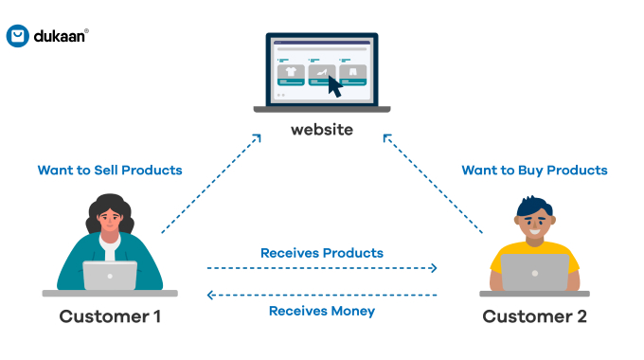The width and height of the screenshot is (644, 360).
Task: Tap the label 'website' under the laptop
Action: (x=321, y=128)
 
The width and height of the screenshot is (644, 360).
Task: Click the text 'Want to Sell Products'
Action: (x=109, y=171)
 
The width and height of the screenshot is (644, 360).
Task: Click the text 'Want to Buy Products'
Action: (x=534, y=171)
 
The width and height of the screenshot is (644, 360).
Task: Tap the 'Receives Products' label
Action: (x=322, y=253)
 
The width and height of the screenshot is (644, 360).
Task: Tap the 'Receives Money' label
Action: (x=322, y=311)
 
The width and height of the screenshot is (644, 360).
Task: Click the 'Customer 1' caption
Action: (x=110, y=316)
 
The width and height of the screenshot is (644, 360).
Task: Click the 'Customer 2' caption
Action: (x=534, y=316)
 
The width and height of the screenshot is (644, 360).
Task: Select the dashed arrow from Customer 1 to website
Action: (x=210, y=184)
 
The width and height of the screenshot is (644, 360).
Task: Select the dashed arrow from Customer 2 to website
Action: (x=434, y=184)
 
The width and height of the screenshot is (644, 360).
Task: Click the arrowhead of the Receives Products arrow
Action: (x=434, y=268)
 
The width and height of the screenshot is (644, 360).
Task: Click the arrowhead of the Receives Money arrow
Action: (x=211, y=296)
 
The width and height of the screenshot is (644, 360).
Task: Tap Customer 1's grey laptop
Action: (x=110, y=276)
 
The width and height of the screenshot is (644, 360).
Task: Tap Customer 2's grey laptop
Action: (x=535, y=272)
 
